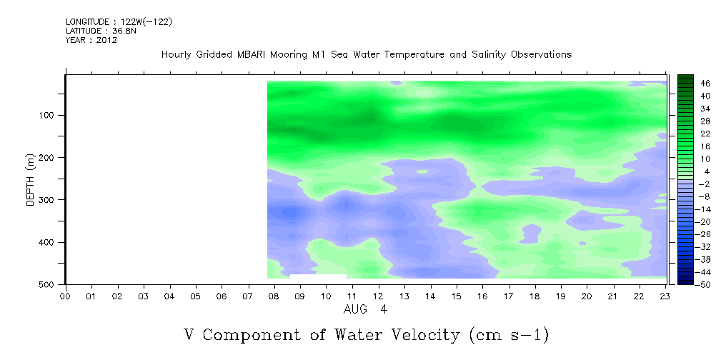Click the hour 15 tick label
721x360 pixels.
(457, 296)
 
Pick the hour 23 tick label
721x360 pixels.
(665, 296)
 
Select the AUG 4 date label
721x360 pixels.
(366, 309)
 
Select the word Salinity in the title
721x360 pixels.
(489, 55)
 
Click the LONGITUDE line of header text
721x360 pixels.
(119, 21)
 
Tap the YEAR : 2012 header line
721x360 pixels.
(91, 40)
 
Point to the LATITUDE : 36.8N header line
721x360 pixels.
(101, 31)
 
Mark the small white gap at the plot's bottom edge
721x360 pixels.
(318, 276)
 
